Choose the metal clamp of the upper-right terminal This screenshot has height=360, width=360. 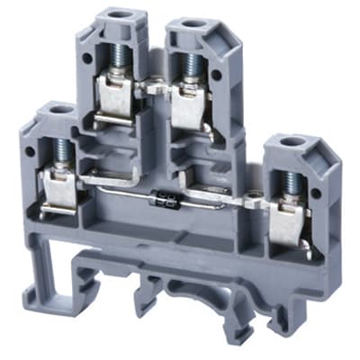click(x=188, y=103)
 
